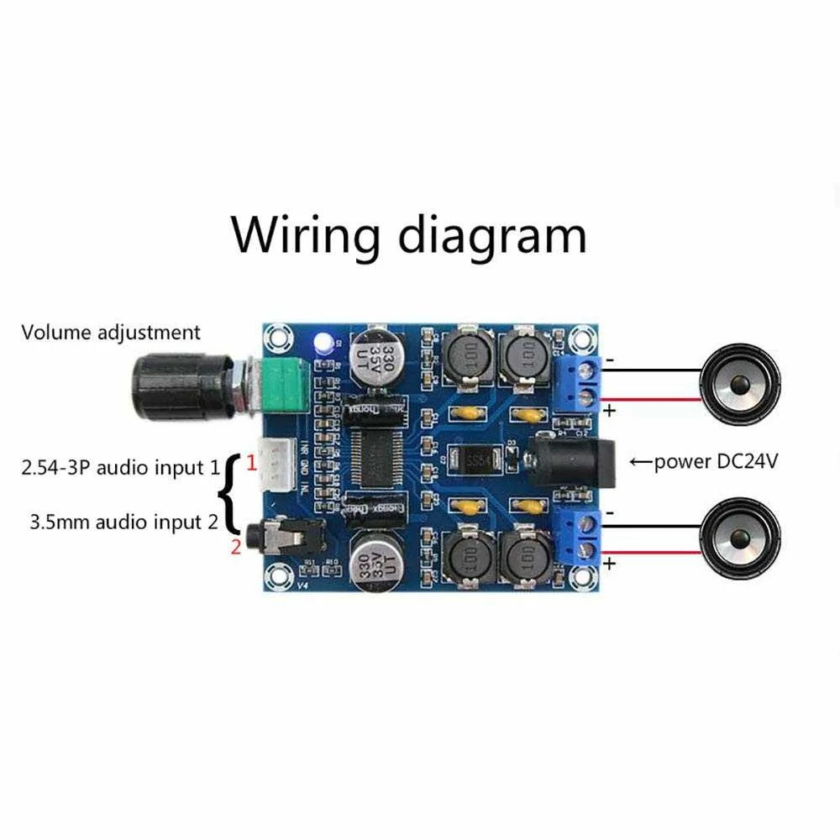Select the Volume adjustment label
(111, 333)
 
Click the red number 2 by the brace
(236, 549)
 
